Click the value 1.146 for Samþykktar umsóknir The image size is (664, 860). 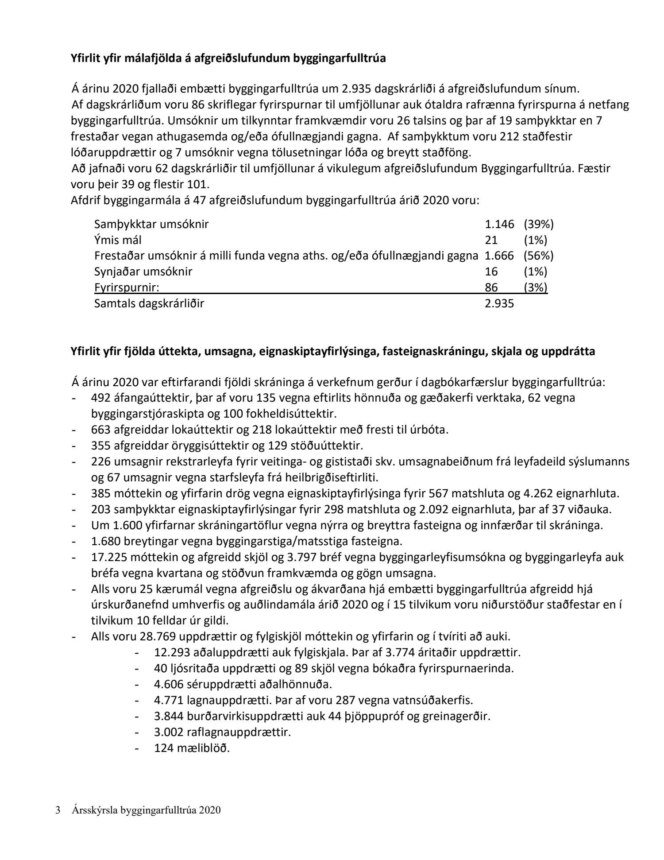point(499,224)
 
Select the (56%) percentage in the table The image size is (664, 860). point(538,256)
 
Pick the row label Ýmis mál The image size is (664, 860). point(118,240)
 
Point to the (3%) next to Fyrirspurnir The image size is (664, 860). point(535,287)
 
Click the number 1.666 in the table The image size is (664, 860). point(499,256)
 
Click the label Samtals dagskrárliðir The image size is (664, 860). point(149,303)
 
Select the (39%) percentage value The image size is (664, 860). point(538,224)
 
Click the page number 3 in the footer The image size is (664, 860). point(58,810)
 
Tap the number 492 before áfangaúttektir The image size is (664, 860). point(100,398)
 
